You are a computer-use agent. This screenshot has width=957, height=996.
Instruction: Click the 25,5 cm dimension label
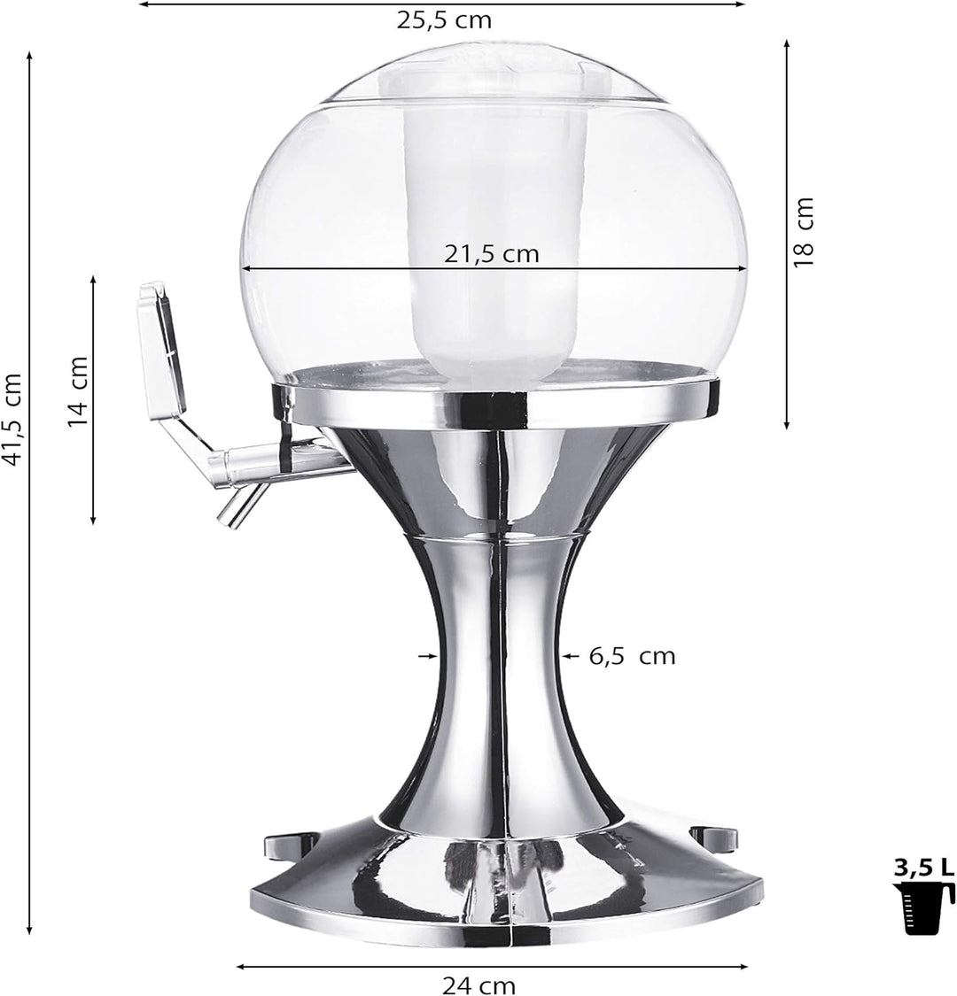coord(445,20)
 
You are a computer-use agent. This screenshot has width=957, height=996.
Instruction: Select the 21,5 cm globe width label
coord(492,254)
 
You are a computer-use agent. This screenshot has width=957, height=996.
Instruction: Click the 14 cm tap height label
coord(78,391)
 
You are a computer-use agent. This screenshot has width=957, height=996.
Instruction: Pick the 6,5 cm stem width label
coord(632,656)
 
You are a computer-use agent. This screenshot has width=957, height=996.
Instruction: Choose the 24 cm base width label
coord(478,985)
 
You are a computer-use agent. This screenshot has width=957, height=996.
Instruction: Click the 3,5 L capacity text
coord(924,868)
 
